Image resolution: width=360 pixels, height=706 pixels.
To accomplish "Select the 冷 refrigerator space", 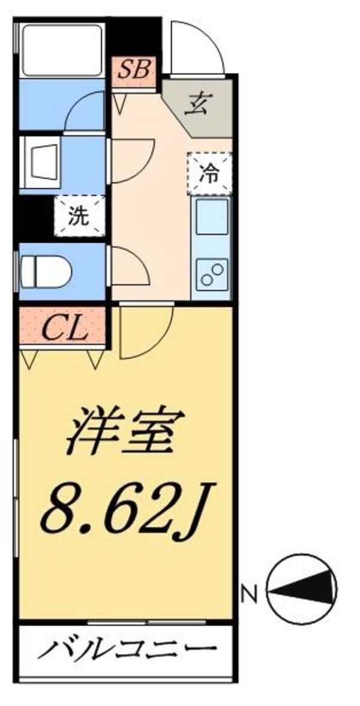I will (209, 174).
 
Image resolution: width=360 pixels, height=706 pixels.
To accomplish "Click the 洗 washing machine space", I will (80, 217).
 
